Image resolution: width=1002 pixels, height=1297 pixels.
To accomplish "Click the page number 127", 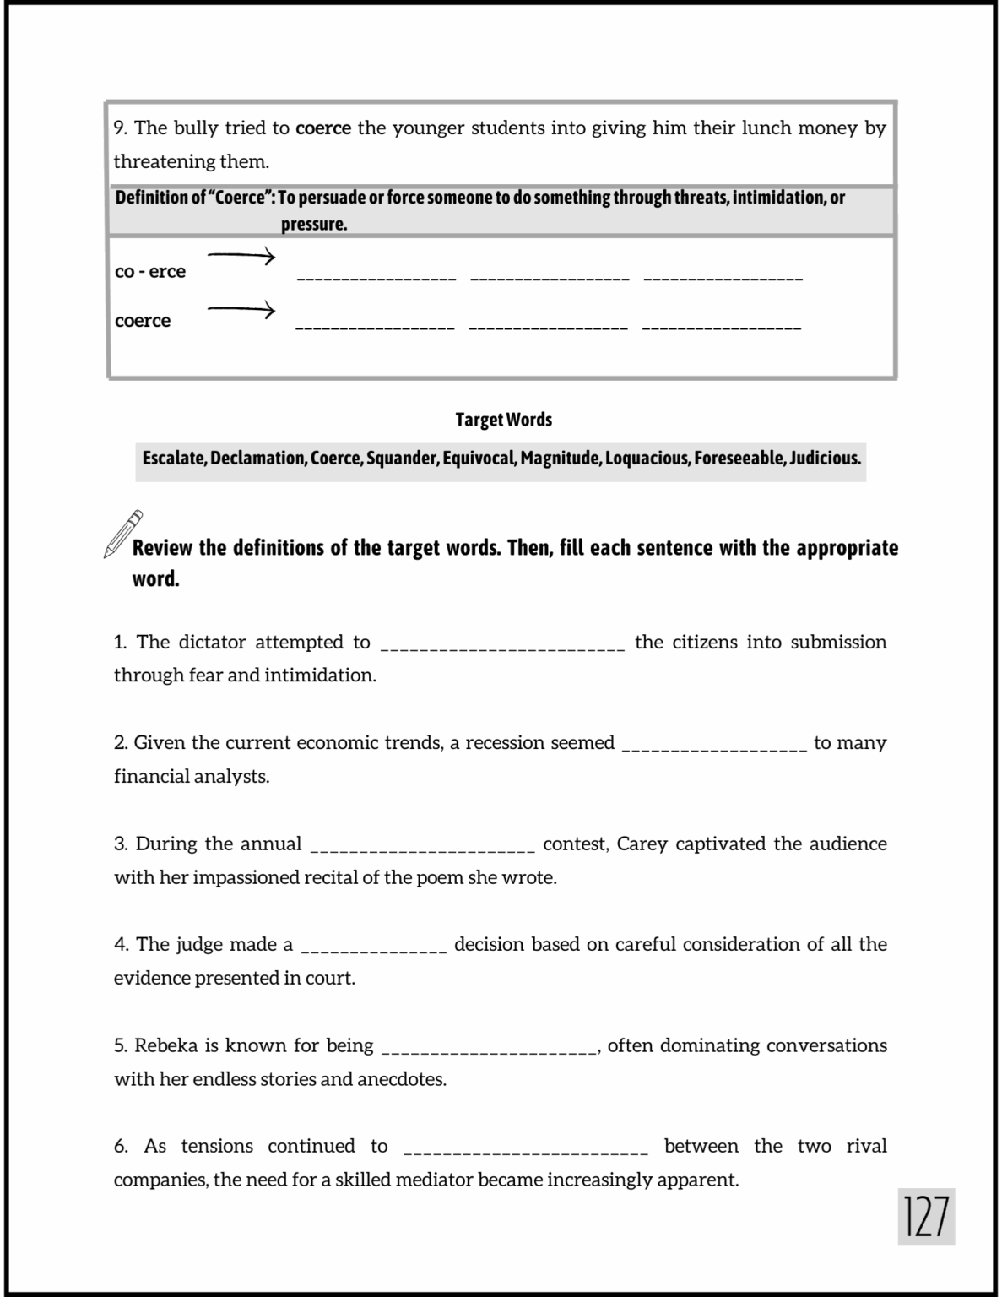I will (926, 1217).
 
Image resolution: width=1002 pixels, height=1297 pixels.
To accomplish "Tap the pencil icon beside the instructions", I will (122, 534).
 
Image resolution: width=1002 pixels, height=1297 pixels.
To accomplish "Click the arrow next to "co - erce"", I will (241, 256).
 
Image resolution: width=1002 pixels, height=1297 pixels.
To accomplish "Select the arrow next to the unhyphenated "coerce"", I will (241, 311).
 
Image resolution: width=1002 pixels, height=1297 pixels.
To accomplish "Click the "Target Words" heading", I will (503, 420).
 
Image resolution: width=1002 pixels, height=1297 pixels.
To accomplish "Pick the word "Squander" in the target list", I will (403, 459).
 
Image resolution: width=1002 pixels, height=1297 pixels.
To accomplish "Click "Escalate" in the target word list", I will (173, 459).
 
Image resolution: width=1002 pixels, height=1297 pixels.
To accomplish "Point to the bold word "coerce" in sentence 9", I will (323, 128).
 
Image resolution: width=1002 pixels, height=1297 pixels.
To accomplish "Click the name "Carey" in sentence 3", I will (642, 844).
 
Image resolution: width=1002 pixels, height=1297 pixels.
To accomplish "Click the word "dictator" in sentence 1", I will (212, 643).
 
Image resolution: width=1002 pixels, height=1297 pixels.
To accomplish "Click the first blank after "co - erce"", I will (376, 278).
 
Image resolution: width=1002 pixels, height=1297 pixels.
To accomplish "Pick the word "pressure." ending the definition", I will (314, 225).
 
